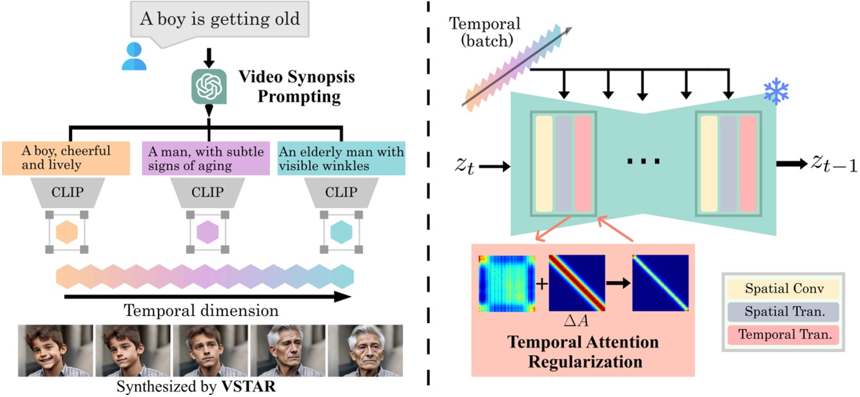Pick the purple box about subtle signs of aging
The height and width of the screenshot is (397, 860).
[x=206, y=158]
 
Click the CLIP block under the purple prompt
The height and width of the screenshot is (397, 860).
[x=206, y=194]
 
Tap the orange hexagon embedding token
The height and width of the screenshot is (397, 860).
[x=67, y=233]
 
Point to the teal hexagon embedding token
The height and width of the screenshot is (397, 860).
[x=342, y=233]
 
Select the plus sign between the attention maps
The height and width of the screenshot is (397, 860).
[x=542, y=283]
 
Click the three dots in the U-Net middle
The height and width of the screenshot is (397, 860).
[x=646, y=161]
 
